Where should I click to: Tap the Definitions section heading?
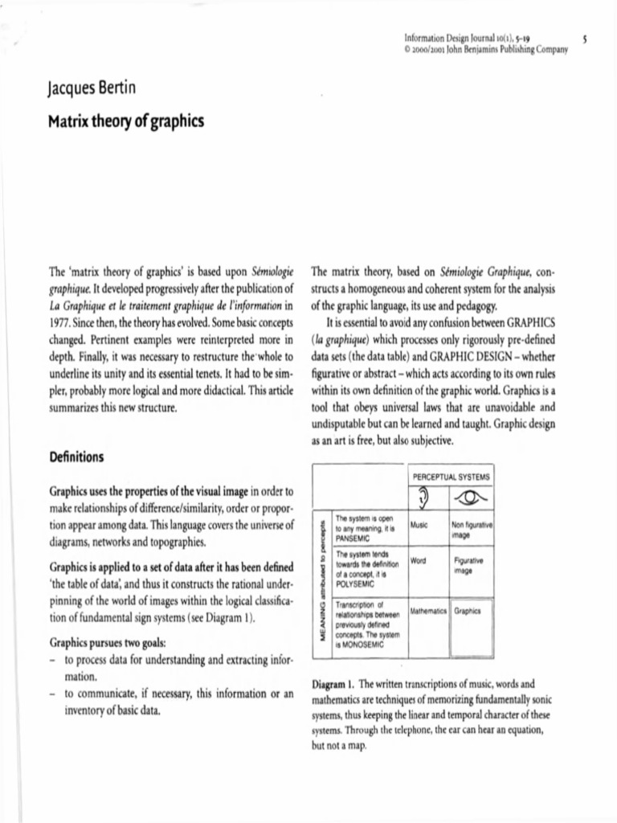76,457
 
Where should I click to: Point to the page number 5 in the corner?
590,37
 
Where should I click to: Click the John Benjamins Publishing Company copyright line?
488,49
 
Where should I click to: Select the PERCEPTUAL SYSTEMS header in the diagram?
451,477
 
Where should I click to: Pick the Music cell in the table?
419,524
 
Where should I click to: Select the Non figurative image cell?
472,529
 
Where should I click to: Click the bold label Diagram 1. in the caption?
333,684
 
